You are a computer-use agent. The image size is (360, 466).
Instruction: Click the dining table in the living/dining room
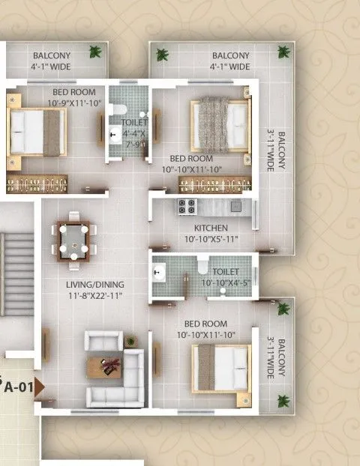pyautogui.click(x=73, y=240)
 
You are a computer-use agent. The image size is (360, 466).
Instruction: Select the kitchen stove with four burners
pyautogui.click(x=186, y=206)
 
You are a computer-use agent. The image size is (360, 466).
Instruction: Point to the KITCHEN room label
pyautogui.click(x=211, y=228)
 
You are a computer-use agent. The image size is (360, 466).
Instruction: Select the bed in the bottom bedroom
pyautogui.click(x=220, y=368)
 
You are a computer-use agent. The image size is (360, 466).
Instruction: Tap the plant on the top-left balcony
pyautogui.click(x=94, y=52)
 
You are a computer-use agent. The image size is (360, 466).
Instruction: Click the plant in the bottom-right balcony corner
pyautogui.click(x=283, y=400)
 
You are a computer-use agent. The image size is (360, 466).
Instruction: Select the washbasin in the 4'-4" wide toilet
pyautogui.click(x=115, y=136)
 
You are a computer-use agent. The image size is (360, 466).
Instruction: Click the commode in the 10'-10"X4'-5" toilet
pyautogui.click(x=201, y=267)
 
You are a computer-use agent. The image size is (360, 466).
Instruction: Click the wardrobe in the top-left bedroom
pyautogui.click(x=37, y=183)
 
